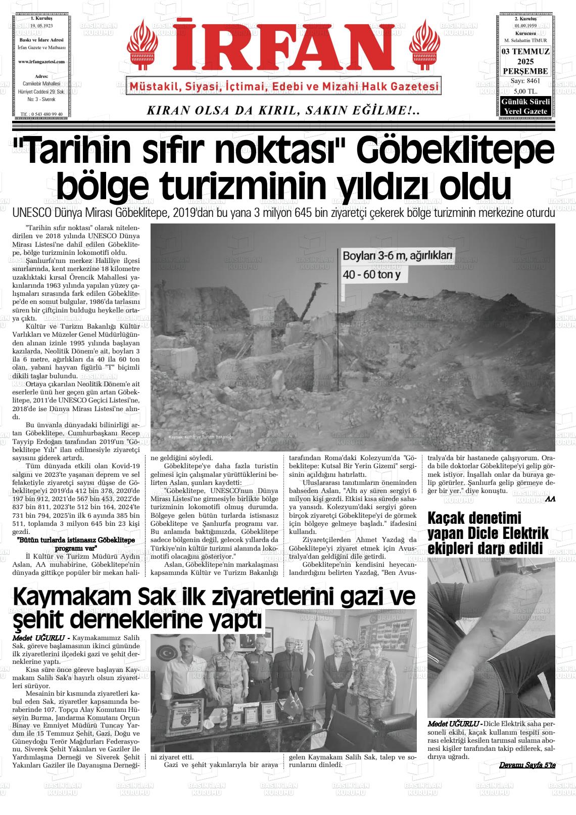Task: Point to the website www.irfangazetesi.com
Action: click(41, 62)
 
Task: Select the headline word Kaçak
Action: click(452, 518)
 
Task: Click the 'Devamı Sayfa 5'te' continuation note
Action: click(527, 765)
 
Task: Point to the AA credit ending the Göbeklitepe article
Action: click(550, 499)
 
